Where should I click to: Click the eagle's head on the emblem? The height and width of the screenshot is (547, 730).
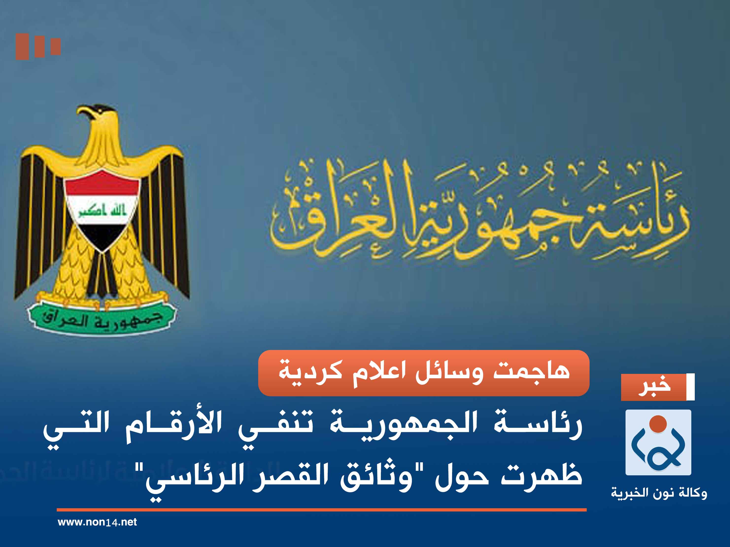tap(99, 114)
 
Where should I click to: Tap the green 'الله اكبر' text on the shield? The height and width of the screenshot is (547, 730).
tap(102, 210)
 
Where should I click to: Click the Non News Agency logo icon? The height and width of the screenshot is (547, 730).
tap(658, 442)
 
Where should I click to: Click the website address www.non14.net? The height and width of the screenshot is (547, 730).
tap(97, 522)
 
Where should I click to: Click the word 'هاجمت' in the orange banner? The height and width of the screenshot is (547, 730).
tap(531, 371)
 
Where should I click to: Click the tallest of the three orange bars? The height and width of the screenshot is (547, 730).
tap(22, 47)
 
